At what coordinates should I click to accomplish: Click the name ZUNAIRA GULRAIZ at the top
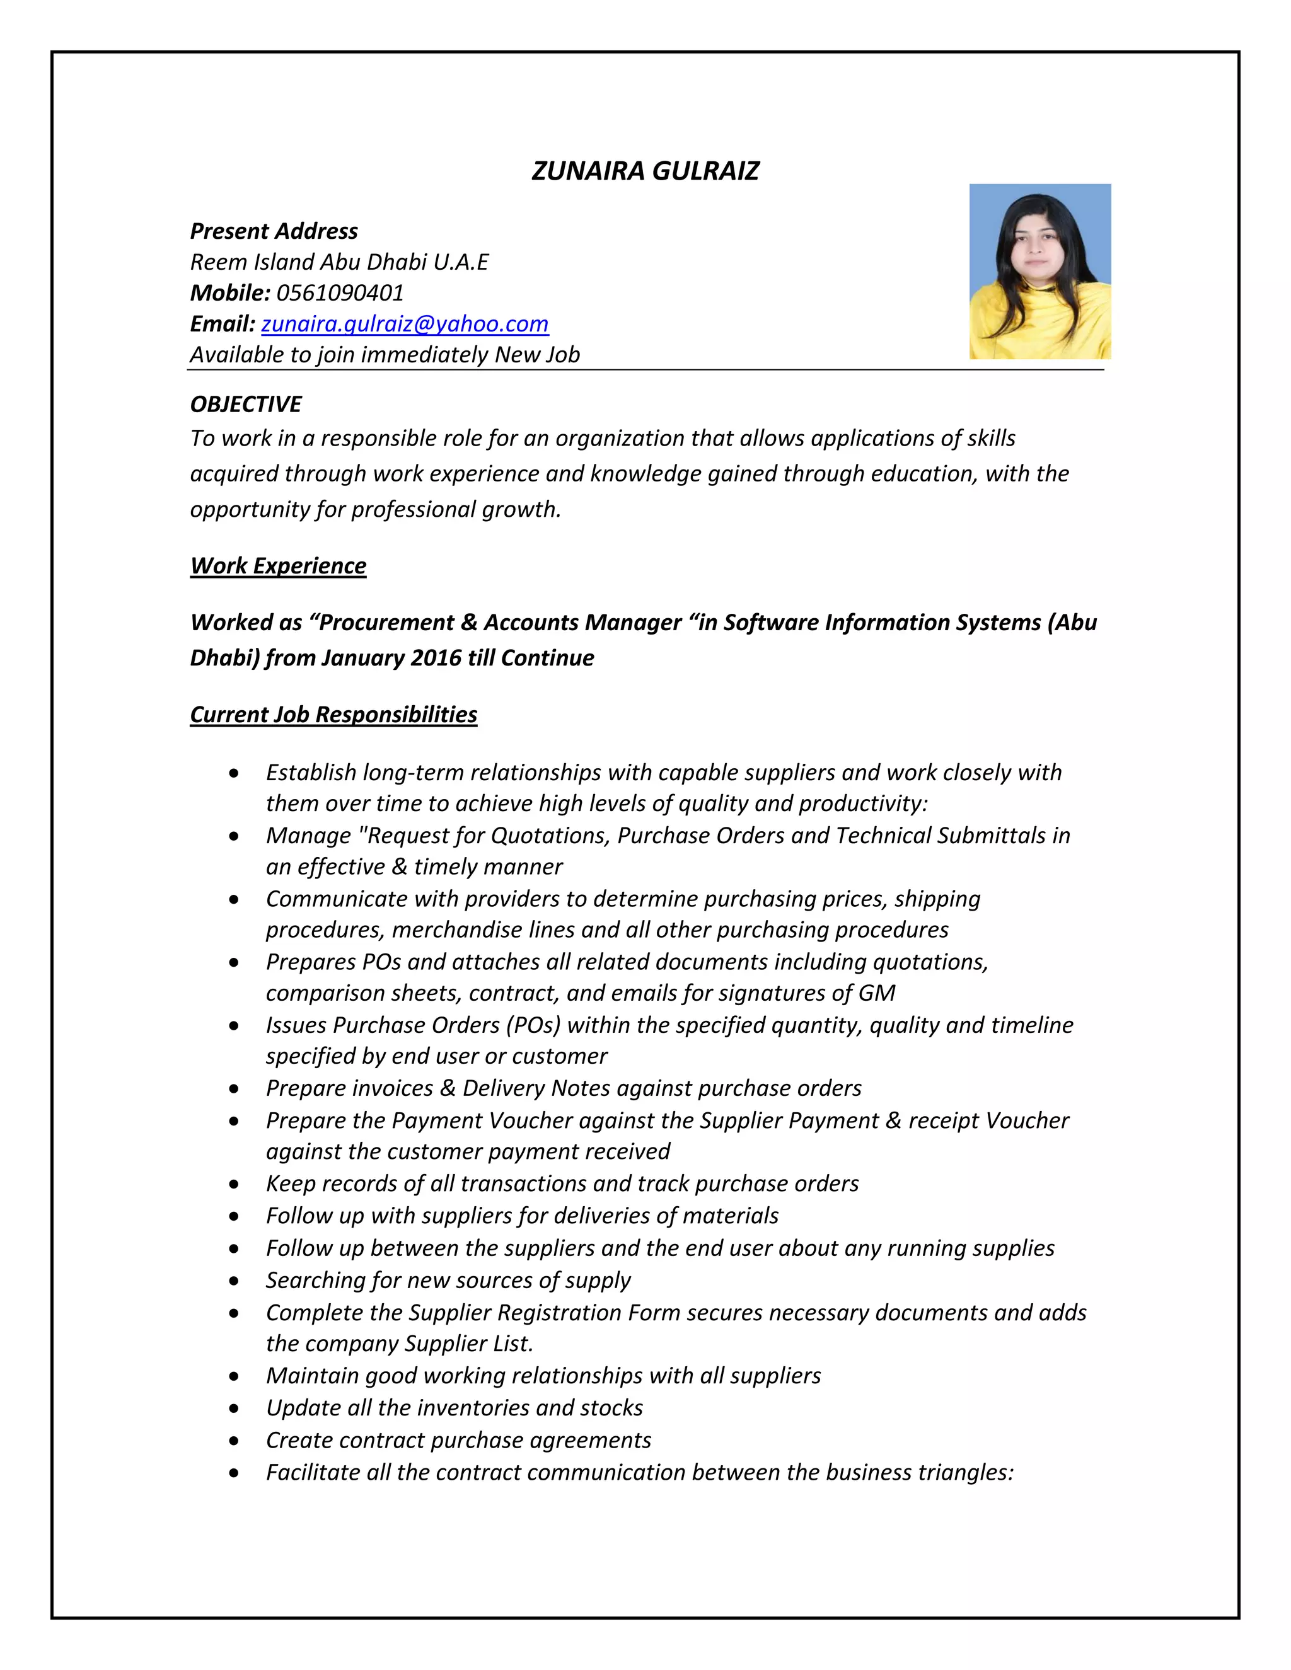(645, 171)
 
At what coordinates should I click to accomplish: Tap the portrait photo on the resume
(1039, 272)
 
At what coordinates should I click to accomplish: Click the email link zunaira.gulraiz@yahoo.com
(405, 324)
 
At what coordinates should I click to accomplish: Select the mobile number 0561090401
(340, 293)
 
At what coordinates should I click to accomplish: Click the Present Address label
(274, 231)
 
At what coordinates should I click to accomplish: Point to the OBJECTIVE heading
(245, 404)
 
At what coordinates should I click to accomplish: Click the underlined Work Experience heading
(279, 566)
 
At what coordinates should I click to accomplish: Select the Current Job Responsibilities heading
(333, 714)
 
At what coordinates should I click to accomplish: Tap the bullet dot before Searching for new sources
(234, 1281)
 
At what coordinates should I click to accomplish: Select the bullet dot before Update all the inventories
(234, 1408)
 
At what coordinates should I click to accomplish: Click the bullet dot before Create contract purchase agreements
(234, 1441)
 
